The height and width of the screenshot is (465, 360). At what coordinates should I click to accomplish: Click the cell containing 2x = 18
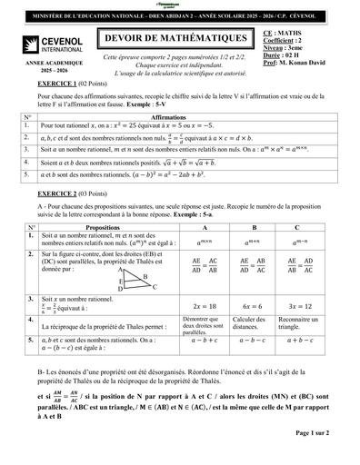coord(197,307)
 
